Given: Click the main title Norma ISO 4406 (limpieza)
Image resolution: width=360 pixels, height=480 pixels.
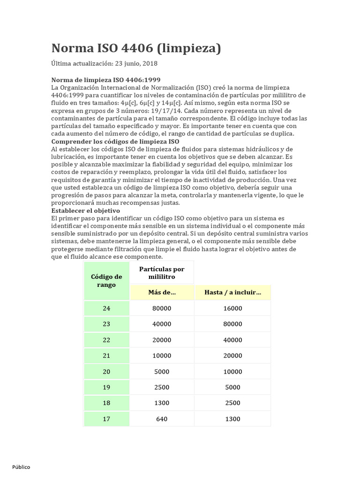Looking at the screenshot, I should pos(136,48).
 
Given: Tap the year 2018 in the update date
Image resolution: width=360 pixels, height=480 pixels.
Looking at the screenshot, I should pos(150,64).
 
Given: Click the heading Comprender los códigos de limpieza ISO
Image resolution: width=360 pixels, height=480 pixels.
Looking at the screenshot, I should pos(115,142).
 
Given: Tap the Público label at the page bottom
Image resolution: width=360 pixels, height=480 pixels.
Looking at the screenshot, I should pos(21,467).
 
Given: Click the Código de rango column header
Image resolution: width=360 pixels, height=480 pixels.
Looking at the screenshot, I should pos(106,280).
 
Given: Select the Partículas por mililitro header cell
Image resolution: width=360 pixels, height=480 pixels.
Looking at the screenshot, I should pos(162,273).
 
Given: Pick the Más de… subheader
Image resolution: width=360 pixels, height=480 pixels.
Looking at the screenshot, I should pos(162,292).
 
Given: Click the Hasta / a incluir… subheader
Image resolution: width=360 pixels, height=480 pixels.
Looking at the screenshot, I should pos(232,292).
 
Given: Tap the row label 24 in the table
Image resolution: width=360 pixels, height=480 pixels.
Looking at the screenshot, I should pos(106,308).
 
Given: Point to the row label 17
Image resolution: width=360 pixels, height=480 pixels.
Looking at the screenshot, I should pos(106,419).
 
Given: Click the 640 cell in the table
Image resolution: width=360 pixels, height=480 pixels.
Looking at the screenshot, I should pos(162,419).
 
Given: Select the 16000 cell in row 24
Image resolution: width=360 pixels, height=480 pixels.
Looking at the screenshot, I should pos(232,308).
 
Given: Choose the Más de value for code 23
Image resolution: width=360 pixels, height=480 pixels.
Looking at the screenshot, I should pos(162,324).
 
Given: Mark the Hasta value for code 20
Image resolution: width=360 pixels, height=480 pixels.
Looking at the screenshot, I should pos(232,372).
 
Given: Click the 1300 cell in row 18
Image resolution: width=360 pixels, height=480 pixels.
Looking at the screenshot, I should pos(162,403).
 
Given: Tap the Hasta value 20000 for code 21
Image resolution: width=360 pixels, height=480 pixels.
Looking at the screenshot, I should pos(232,356).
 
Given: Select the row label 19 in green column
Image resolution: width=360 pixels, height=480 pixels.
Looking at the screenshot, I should pos(106,387).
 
